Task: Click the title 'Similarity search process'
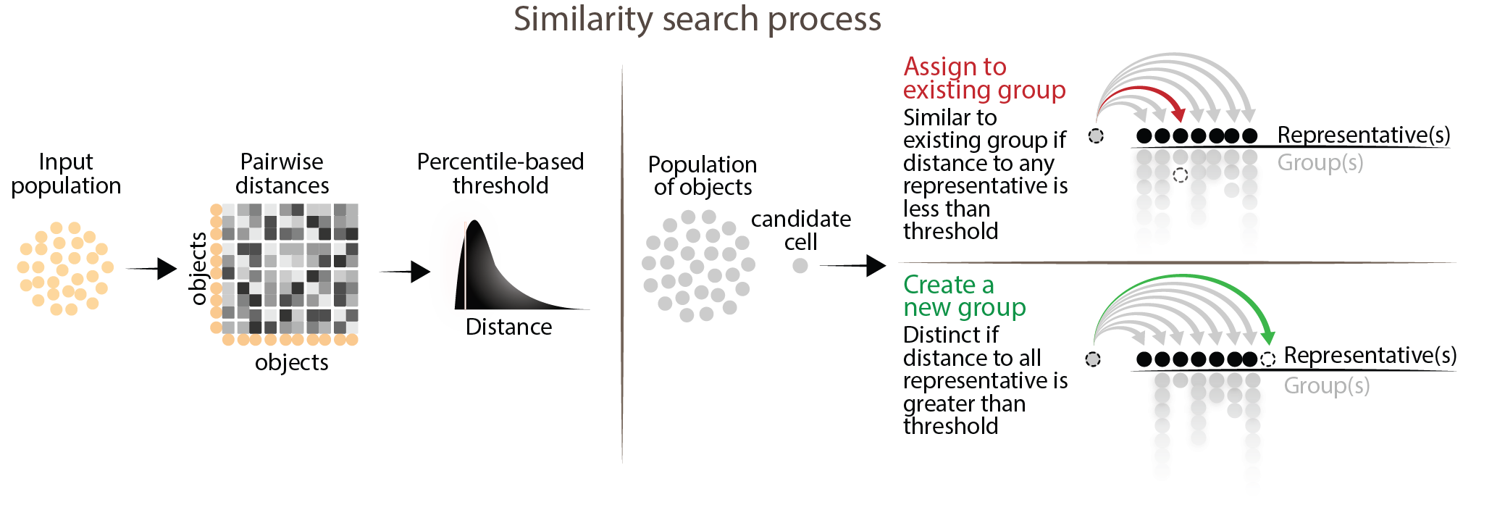pyautogui.click(x=697, y=20)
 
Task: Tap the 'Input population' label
pyautogui.click(x=66, y=174)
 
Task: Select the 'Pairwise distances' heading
pyautogui.click(x=282, y=174)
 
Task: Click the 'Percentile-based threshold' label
pyautogui.click(x=500, y=174)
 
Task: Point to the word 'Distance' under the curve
pyautogui.click(x=509, y=327)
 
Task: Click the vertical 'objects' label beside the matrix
pyautogui.click(x=198, y=268)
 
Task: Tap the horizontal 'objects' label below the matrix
pyautogui.click(x=291, y=362)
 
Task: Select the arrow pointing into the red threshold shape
pyautogui.click(x=405, y=272)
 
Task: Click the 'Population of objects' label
pyautogui.click(x=703, y=176)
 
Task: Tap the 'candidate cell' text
pyautogui.click(x=800, y=230)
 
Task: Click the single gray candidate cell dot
pyautogui.click(x=800, y=266)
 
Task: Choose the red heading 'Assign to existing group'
pyautogui.click(x=984, y=78)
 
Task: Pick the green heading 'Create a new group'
pyautogui.click(x=964, y=296)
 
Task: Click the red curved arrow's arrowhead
pyautogui.click(x=1179, y=114)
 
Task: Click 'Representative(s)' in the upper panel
pyautogui.click(x=1363, y=135)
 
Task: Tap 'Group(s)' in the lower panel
pyautogui.click(x=1326, y=386)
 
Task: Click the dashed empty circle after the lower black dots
pyautogui.click(x=1267, y=359)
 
